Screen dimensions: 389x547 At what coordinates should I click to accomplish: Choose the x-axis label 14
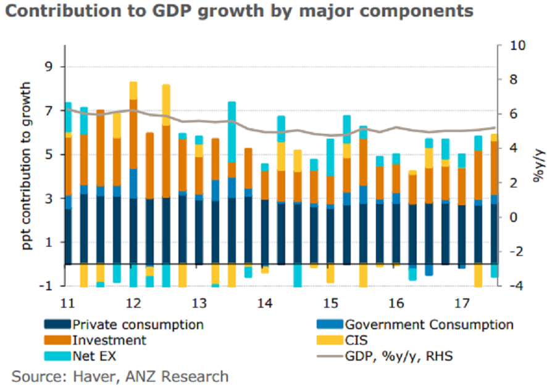point(265,303)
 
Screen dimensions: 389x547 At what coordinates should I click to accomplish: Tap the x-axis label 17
point(462,303)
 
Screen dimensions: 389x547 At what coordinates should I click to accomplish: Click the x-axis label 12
point(133,303)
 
